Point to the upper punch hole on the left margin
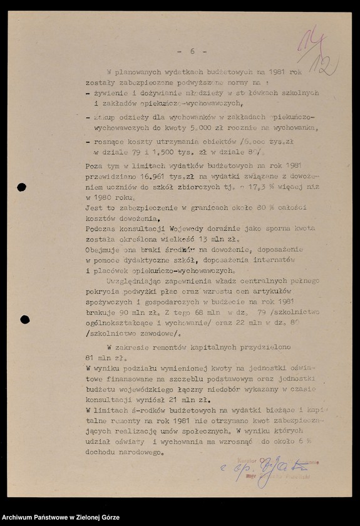[22, 187]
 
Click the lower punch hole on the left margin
[24, 319]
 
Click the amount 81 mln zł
[97, 358]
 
